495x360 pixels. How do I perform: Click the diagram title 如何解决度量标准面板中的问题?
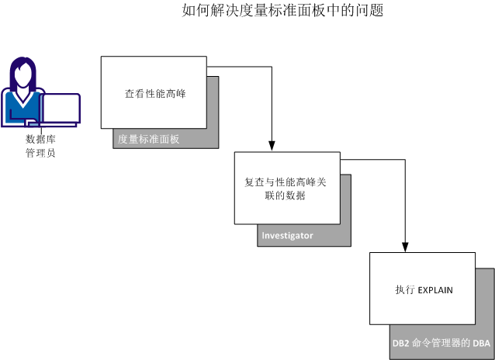282,11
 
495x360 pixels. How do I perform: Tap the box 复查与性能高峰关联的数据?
286,189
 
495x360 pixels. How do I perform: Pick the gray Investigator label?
288,236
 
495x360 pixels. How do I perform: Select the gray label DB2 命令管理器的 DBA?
441,343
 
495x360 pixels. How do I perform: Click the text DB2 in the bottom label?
401,343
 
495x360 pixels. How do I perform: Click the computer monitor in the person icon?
61,109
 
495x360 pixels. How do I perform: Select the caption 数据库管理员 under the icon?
40,146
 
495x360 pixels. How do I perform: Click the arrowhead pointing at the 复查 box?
271,146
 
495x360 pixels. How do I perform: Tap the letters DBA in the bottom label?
481,343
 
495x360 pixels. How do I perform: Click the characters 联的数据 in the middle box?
286,196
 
